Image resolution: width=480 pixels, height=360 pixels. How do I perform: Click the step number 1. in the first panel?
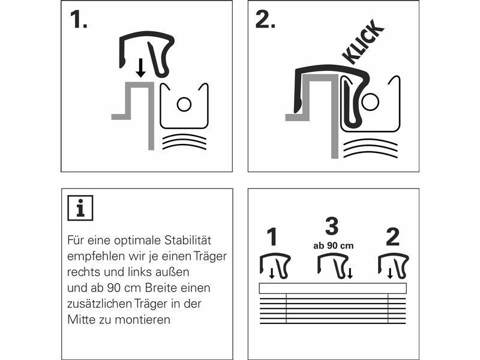[79, 20]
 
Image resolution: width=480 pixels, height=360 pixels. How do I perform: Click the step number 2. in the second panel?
[265, 20]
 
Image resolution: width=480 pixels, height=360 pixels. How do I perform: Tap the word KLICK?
[363, 42]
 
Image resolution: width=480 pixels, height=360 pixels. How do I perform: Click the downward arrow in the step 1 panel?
[140, 68]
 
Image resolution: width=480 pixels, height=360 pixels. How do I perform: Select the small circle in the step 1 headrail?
[184, 104]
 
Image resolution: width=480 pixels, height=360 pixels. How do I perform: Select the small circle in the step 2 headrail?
[370, 102]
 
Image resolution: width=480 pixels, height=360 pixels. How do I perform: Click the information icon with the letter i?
[80, 208]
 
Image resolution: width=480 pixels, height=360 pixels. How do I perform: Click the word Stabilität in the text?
[188, 241]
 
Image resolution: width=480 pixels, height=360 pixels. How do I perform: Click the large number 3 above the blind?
[332, 227]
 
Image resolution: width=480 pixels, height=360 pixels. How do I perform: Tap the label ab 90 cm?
[334, 246]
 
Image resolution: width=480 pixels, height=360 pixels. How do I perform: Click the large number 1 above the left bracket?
[272, 236]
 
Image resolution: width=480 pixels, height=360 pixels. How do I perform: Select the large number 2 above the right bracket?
[393, 236]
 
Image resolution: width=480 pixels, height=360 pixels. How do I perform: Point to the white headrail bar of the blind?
[333, 289]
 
